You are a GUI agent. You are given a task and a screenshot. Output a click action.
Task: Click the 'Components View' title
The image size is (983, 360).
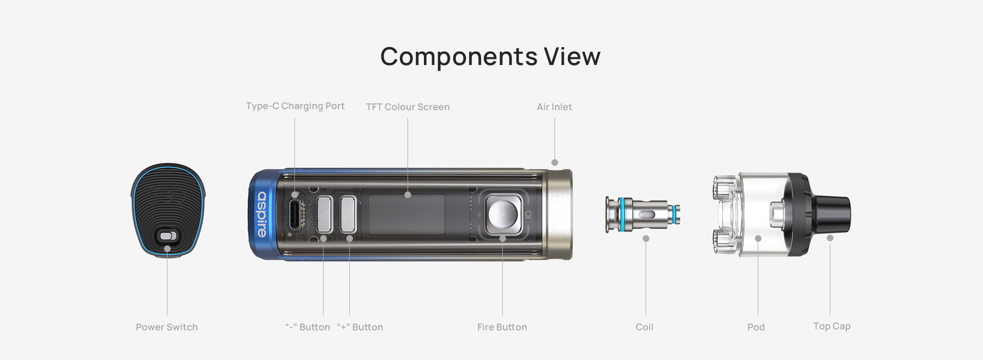tap(490, 56)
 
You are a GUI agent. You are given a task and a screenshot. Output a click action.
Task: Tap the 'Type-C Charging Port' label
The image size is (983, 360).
tap(295, 106)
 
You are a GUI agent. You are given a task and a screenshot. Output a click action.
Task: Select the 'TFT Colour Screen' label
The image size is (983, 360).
tap(408, 107)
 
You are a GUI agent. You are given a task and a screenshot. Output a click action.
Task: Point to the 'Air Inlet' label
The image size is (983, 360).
tap(554, 107)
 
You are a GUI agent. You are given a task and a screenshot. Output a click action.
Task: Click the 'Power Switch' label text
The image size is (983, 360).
tap(166, 327)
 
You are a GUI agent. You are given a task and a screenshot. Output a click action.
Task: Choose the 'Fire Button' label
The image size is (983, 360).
tap(502, 327)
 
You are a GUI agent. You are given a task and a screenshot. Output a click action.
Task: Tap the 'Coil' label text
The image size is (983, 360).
tap(644, 327)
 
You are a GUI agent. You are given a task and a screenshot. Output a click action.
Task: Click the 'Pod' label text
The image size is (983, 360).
tap(756, 327)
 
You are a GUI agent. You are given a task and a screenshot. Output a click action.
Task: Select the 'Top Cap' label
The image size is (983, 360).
tap(831, 326)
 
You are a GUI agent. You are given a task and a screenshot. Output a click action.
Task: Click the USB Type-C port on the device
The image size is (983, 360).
tap(295, 214)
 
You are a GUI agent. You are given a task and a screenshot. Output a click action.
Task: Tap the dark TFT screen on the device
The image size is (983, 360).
tap(407, 214)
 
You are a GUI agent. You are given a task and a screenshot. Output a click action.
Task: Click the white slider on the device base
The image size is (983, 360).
tap(168, 236)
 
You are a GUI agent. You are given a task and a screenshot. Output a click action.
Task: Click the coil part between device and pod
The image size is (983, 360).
tap(643, 214)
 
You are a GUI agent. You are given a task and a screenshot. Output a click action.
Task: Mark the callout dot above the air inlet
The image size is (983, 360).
tap(554, 162)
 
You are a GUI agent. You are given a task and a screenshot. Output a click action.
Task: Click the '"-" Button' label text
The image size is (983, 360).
tap(307, 327)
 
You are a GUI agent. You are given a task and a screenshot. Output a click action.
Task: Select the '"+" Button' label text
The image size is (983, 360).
tap(360, 327)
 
